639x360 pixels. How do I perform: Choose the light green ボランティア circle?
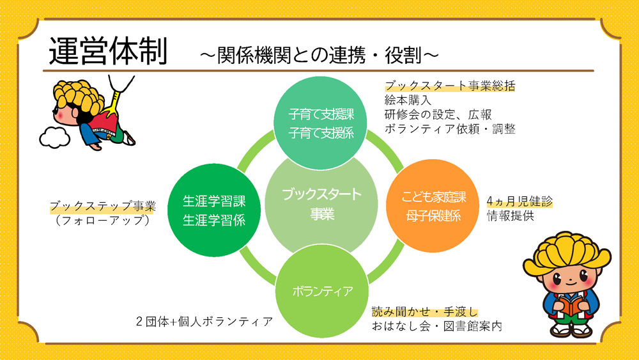[323, 291]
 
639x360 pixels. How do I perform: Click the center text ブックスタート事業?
[321, 203]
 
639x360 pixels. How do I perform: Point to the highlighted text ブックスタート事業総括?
[450, 86]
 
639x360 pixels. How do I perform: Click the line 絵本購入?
[409, 100]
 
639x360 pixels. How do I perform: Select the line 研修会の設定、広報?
[438, 114]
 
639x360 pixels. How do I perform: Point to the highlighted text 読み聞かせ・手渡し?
[425, 312]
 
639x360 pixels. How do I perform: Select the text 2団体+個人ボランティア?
[204, 320]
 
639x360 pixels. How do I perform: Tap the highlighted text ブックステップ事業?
[103, 207]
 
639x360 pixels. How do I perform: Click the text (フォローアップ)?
[103, 221]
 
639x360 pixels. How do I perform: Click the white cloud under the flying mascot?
[54, 136]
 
